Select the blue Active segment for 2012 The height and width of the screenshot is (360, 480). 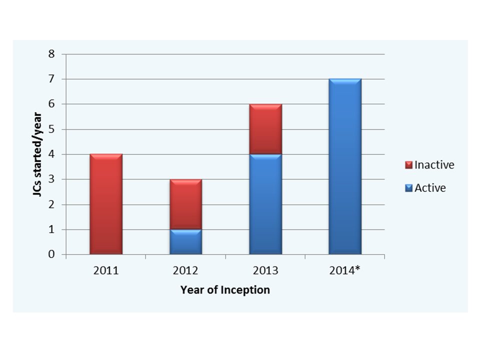(x=185, y=242)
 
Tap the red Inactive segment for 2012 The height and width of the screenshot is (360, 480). (x=185, y=204)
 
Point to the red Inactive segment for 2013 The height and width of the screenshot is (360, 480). (x=265, y=129)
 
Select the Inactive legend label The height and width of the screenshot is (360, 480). (x=434, y=164)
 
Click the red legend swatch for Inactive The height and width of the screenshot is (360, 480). (x=408, y=165)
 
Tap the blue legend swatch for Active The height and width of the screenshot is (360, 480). (x=408, y=188)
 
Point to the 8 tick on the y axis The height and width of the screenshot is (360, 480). (x=51, y=54)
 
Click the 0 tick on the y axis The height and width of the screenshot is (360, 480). (x=51, y=254)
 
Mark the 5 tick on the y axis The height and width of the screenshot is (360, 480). (x=51, y=129)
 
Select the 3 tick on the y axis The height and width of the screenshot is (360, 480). (x=51, y=179)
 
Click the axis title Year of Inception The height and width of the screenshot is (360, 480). (x=225, y=289)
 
